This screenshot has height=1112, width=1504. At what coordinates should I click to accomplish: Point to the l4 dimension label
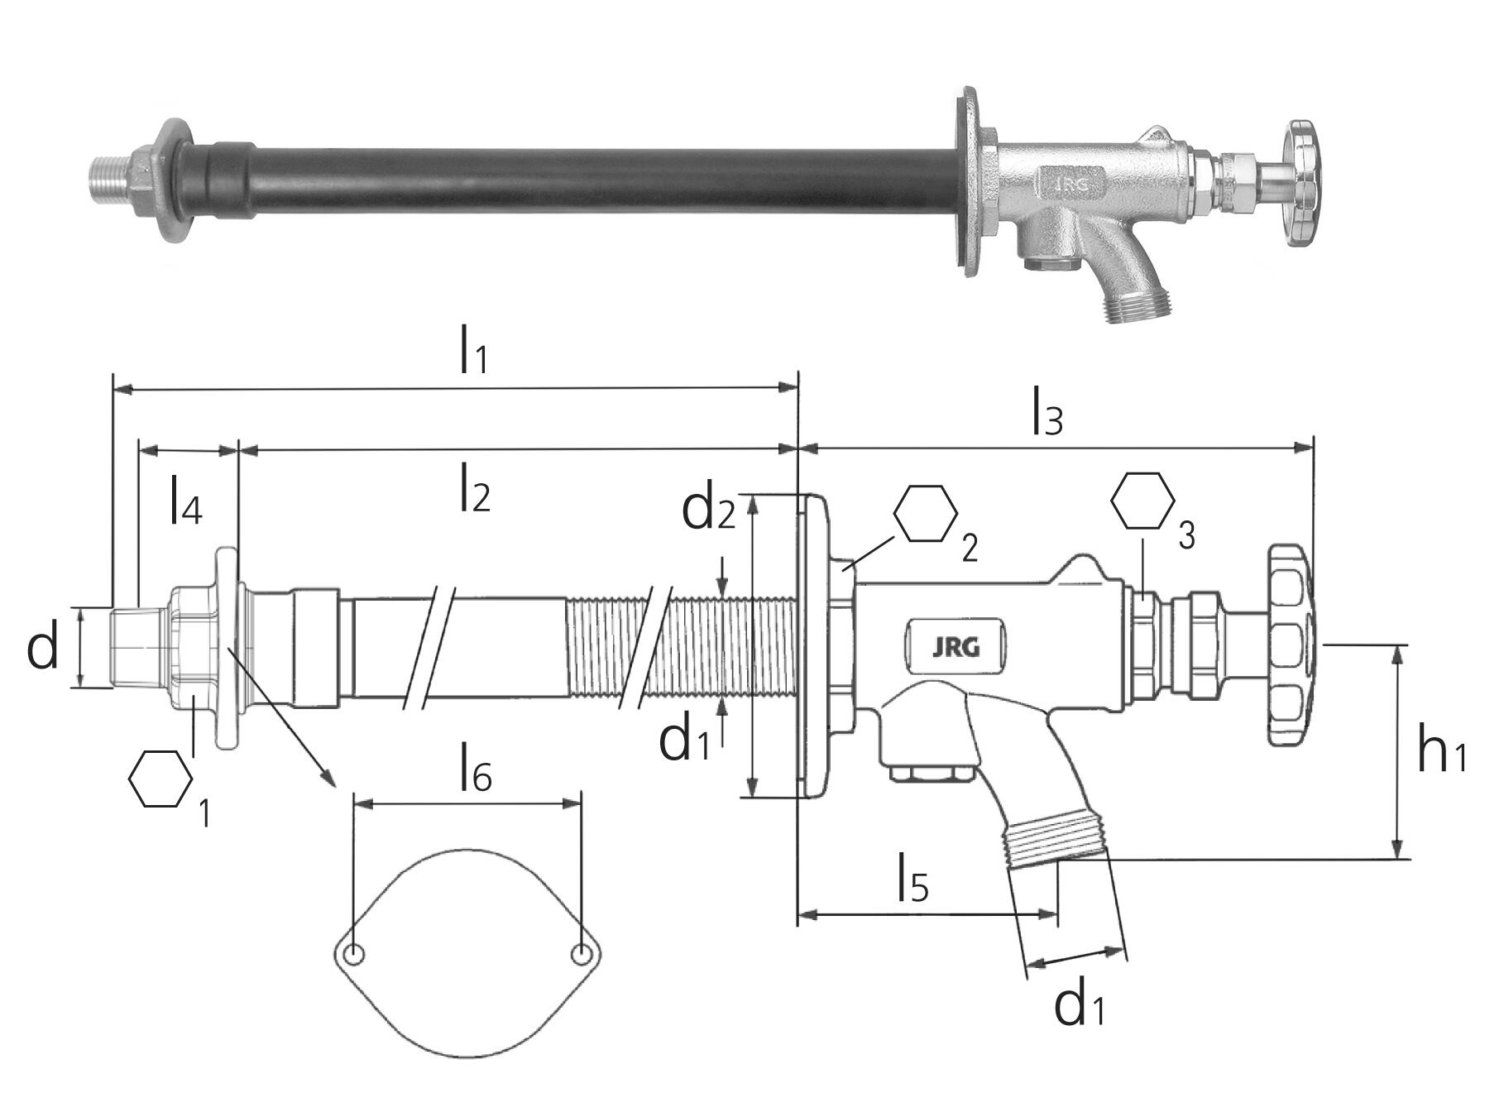pos(185,501)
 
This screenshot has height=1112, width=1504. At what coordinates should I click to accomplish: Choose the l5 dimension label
pos(912,880)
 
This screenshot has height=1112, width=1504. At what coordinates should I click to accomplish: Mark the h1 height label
pos(1441,752)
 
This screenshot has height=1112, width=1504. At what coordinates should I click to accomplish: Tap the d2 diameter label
pos(708,510)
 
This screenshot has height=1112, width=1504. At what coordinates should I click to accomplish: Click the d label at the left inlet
pos(43,649)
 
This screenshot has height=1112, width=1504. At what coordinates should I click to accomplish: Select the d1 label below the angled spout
pos(1079,1006)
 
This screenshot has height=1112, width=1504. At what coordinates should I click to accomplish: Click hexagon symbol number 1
pos(161,779)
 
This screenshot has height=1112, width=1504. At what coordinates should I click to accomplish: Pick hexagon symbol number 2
pos(926,514)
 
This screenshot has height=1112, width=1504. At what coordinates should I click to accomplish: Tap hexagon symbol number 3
pos(1142,501)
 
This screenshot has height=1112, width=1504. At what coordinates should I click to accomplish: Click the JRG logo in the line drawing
pos(956,648)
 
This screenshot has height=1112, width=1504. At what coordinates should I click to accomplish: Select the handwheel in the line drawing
pos(1291,645)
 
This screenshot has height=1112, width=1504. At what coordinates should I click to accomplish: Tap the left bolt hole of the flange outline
pos(355,955)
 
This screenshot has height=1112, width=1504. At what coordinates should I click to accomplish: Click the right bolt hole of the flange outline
pos(582,955)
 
